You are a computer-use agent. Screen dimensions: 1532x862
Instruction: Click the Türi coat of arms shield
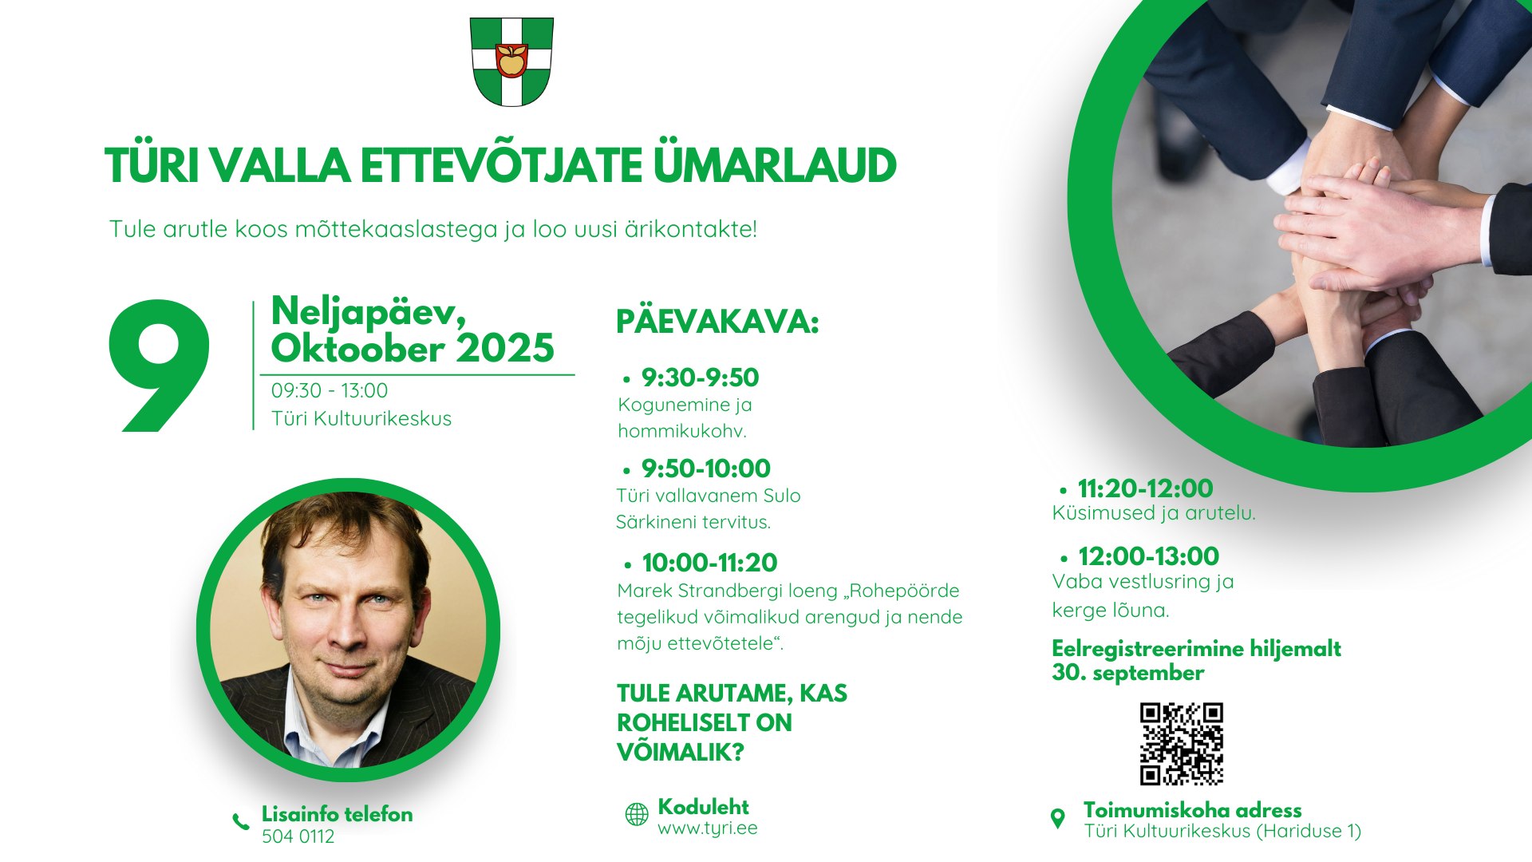click(x=511, y=62)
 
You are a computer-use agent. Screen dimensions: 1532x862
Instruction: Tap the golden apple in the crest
click(x=511, y=60)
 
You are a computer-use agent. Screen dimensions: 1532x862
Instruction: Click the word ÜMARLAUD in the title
click(x=775, y=165)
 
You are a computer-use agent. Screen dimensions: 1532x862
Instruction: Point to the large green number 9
click(x=160, y=366)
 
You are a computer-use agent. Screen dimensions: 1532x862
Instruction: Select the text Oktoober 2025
click(x=413, y=348)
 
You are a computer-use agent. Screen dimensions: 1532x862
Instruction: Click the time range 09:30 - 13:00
click(x=330, y=390)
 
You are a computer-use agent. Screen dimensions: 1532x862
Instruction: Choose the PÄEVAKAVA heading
click(x=717, y=322)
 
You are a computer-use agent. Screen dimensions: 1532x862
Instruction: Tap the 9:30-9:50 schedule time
click(x=700, y=378)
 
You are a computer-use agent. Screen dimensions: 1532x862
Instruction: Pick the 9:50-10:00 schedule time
click(x=705, y=469)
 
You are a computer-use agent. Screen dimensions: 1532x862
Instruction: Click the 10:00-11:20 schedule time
click(x=709, y=563)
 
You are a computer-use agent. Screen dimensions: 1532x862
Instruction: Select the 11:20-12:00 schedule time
click(x=1145, y=488)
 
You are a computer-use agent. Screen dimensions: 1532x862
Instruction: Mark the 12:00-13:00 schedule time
click(x=1148, y=556)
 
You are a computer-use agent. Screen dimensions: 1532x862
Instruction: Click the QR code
click(x=1182, y=744)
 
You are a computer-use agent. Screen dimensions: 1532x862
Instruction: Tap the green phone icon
click(x=241, y=821)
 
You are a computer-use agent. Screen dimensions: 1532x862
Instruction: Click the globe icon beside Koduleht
click(x=637, y=814)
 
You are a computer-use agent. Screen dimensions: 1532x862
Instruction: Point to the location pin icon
click(x=1058, y=818)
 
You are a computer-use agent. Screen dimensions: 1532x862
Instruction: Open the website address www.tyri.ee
click(x=707, y=828)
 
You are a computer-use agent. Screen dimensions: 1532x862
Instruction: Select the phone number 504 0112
click(x=298, y=836)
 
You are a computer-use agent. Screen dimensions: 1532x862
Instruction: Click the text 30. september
click(x=1127, y=673)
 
